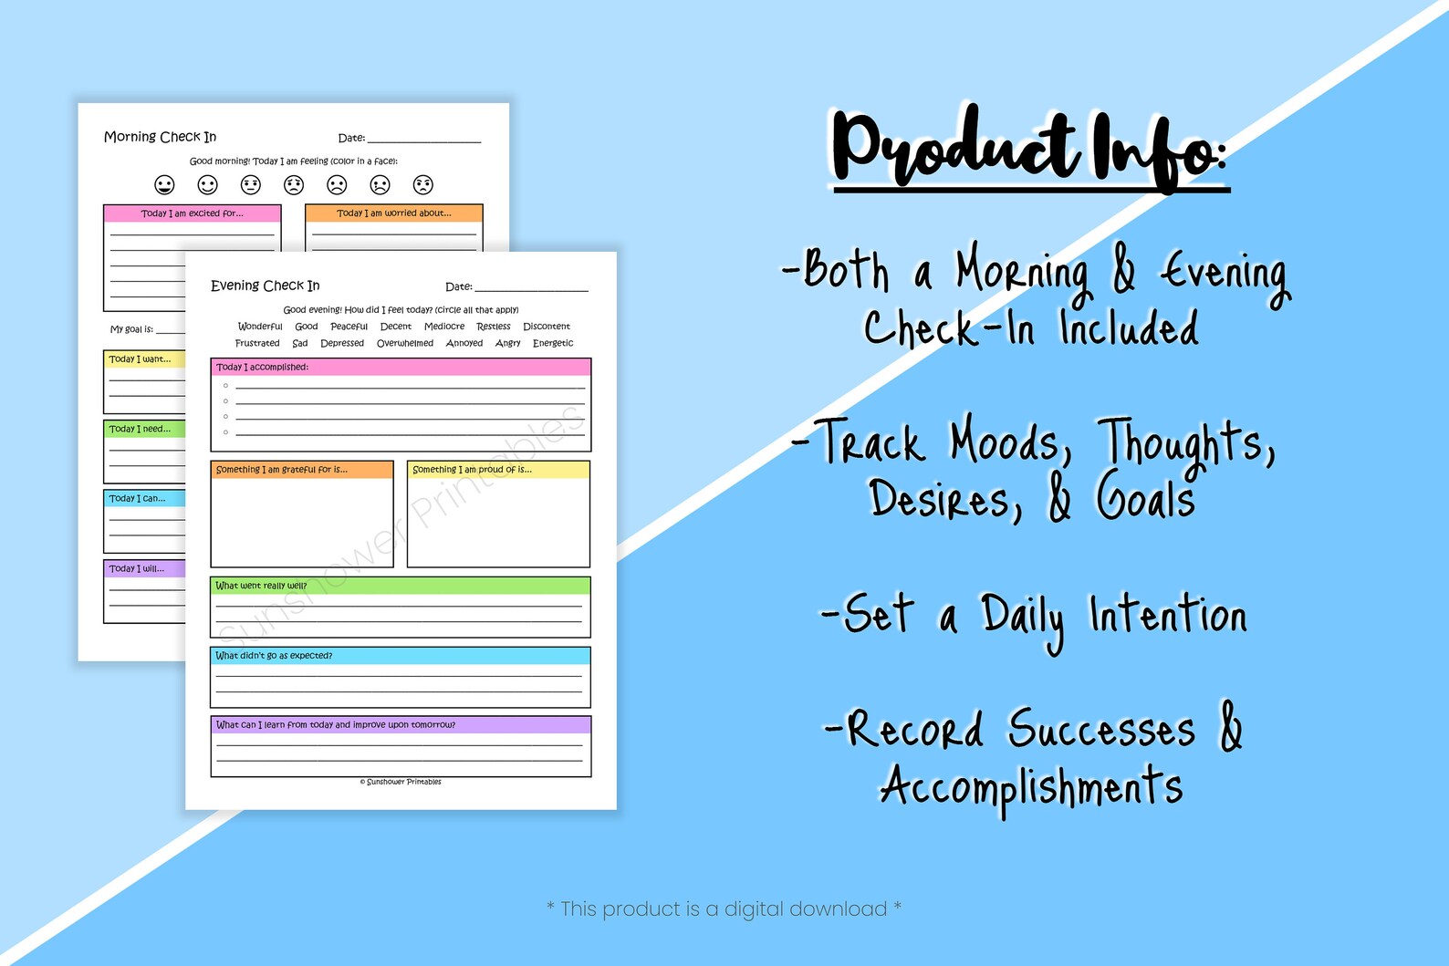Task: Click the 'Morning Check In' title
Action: (x=160, y=137)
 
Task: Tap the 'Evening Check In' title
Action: (x=265, y=286)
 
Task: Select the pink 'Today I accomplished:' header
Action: (x=401, y=367)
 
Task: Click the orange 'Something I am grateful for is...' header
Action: (x=301, y=470)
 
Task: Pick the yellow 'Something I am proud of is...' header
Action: (x=497, y=470)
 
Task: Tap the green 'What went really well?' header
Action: (x=400, y=586)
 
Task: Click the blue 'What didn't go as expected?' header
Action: (x=400, y=656)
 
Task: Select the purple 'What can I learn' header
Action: (x=400, y=725)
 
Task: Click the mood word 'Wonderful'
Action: (x=260, y=327)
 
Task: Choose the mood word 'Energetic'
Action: (x=553, y=344)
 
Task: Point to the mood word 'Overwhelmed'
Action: (x=405, y=344)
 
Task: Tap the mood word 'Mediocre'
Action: (x=444, y=327)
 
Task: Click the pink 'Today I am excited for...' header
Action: (x=192, y=213)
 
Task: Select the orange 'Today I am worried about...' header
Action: (x=393, y=213)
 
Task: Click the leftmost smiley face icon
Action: (x=164, y=185)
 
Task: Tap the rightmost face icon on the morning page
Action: (x=423, y=185)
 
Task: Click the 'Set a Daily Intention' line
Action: (x=1034, y=616)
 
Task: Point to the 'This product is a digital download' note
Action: (x=724, y=909)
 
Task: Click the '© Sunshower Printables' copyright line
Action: (x=401, y=782)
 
